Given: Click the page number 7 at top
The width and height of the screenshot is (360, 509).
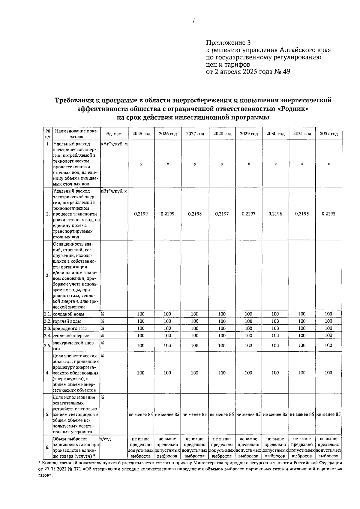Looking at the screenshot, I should click(193, 21).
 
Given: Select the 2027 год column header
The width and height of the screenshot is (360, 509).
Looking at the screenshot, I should click(195, 134).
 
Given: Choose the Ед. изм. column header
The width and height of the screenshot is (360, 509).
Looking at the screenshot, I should click(114, 134).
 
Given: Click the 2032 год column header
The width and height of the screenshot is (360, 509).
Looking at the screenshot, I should click(329, 134).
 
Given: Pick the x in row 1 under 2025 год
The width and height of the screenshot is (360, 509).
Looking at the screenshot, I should click(141, 164).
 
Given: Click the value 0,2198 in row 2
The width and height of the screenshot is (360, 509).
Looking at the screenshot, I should click(195, 214).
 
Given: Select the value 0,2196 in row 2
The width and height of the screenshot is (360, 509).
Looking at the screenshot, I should click(275, 214).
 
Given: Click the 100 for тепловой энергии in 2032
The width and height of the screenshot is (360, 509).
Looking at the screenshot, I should click(328, 336).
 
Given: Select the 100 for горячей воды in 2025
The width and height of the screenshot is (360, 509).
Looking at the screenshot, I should click(141, 321).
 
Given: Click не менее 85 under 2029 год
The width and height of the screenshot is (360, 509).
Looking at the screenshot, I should click(248, 414).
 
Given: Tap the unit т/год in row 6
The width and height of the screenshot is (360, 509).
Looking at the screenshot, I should click(106, 439).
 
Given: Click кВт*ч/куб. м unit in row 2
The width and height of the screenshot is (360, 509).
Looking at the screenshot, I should click(114, 191).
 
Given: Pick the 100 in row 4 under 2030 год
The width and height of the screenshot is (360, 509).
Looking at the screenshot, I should click(275, 373).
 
